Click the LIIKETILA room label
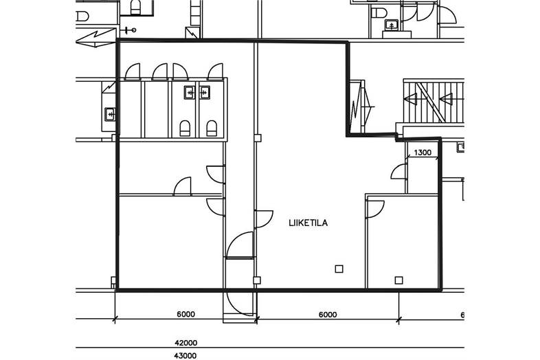point(308,223)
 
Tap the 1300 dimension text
point(423,153)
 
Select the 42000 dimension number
point(186,343)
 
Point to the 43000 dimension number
point(186,356)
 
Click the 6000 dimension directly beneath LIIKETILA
point(328,315)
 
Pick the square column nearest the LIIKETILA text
point(339,269)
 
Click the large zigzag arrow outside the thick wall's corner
point(95,38)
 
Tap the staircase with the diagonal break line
point(434,100)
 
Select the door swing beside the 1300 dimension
point(398,172)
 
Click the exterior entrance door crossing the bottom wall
point(240,303)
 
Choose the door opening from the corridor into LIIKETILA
point(264,219)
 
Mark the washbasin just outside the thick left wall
point(110,114)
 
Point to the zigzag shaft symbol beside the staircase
point(361,106)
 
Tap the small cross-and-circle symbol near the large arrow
point(130,30)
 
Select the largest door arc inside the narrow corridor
point(240,245)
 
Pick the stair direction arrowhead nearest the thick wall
point(411,99)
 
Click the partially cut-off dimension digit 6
point(462,315)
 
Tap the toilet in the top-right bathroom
point(379,13)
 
